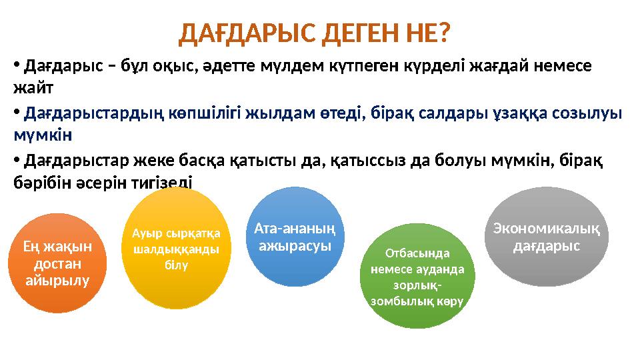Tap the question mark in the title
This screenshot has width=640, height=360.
(443, 33)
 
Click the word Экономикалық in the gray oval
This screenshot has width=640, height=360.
(547, 229)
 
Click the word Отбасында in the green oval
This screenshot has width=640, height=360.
(417, 253)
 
